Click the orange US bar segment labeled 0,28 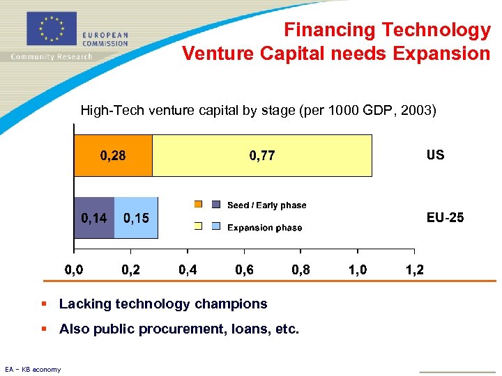pyautogui.click(x=114, y=155)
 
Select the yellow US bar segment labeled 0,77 pyautogui.click(x=262, y=155)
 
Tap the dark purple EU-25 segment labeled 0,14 pyautogui.click(x=94, y=218)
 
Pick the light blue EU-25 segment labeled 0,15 pyautogui.click(x=136, y=218)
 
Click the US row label pyautogui.click(x=435, y=155)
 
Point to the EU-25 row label pyautogui.click(x=445, y=218)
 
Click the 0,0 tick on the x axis pyautogui.click(x=74, y=269)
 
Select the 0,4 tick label pyautogui.click(x=188, y=269)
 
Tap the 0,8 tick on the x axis pyautogui.click(x=301, y=269)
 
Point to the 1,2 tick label pyautogui.click(x=415, y=269)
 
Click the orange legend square pyautogui.click(x=198, y=205)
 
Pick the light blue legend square pyautogui.click(x=215, y=226)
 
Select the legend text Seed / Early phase pyautogui.click(x=266, y=205)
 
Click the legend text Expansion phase pyautogui.click(x=265, y=228)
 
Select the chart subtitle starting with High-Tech pyautogui.click(x=258, y=110)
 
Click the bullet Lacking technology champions pyautogui.click(x=163, y=304)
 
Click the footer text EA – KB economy pyautogui.click(x=33, y=369)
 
